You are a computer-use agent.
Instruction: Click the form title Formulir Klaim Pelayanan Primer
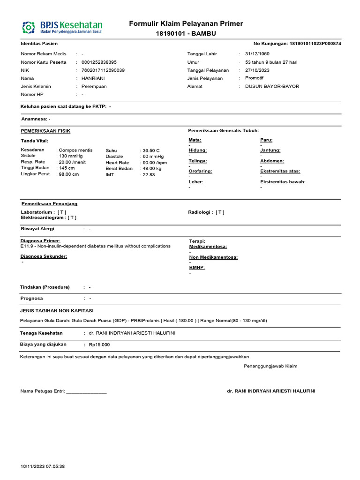(x=186, y=23)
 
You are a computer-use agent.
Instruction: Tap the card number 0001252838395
(x=99, y=62)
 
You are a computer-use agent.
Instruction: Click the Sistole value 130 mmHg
(x=71, y=156)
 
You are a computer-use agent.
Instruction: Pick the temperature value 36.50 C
(x=151, y=150)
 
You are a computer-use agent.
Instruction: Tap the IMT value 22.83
(x=149, y=174)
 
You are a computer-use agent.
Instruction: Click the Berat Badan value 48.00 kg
(x=152, y=168)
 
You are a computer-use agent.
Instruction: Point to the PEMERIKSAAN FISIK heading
(x=45, y=131)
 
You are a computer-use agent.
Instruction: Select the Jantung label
(x=270, y=150)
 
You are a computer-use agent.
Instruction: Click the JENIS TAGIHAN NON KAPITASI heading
(x=57, y=310)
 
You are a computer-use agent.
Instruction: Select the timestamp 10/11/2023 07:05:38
(x=43, y=466)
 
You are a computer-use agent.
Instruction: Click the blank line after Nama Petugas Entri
(x=87, y=391)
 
